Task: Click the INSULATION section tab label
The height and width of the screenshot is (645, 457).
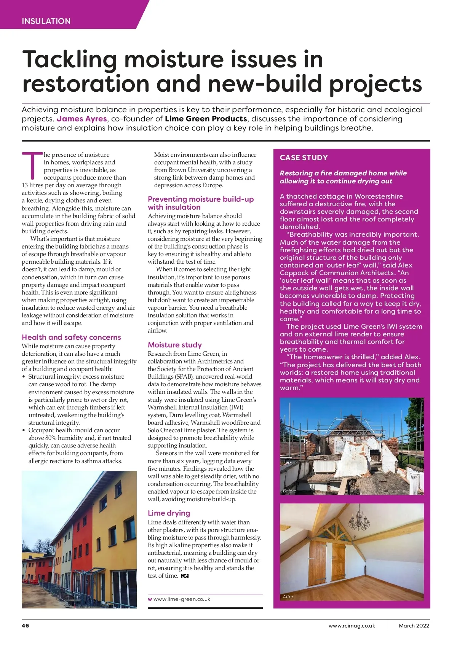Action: click(x=46, y=21)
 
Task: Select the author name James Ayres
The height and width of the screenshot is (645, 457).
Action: click(x=82, y=119)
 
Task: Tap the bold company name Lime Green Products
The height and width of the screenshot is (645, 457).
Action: click(x=206, y=119)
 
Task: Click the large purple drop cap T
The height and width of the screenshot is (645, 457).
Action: click(x=32, y=166)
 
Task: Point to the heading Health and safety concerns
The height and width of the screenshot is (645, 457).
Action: click(x=71, y=337)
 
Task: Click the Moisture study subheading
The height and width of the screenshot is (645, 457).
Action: click(x=175, y=345)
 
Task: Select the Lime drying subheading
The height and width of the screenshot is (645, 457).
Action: click(x=169, y=513)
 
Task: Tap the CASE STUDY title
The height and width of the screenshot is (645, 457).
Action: click(x=304, y=158)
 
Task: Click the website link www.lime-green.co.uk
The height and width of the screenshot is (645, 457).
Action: click(x=182, y=599)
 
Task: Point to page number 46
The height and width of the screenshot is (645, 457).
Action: click(x=25, y=626)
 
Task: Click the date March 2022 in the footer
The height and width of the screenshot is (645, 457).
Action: click(x=414, y=626)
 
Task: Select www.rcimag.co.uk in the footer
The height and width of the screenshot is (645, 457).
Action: click(x=352, y=626)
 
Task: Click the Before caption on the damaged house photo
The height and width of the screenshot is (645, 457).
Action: click(x=289, y=491)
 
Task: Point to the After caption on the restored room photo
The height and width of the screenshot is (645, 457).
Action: click(x=288, y=596)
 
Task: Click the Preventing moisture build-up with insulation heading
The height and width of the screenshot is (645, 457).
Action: click(x=201, y=203)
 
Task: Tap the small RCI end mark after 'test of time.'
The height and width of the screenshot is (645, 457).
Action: click(x=185, y=576)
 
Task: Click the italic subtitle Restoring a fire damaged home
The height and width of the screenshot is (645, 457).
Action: click(x=343, y=177)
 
